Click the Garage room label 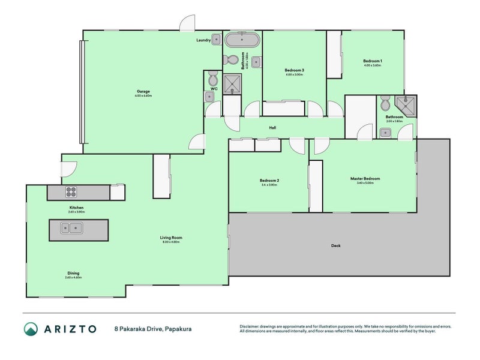click(143, 92)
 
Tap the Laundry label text click(203, 40)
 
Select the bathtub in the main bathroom click(242, 41)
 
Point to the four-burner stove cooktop click(71, 193)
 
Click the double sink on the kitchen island click(71, 229)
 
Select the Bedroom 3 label click(294, 70)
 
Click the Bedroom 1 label click(373, 61)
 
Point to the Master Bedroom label click(365, 178)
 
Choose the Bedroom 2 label click(269, 181)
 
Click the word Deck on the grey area click(336, 245)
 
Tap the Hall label click(272, 128)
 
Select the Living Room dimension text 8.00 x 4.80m click(171, 242)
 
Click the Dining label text click(73, 273)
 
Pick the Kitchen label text click(76, 208)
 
